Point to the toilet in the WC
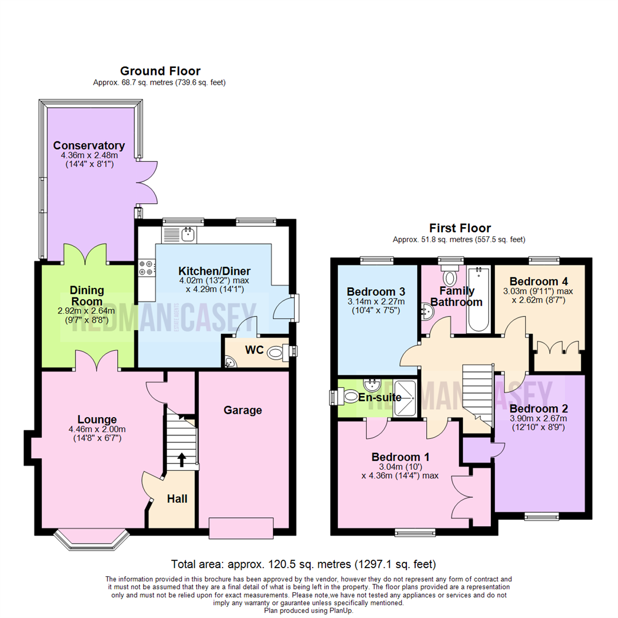pyautogui.click(x=277, y=353)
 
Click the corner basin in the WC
pyautogui.click(x=229, y=362)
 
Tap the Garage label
pyautogui.click(x=243, y=410)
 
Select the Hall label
pyautogui.click(x=177, y=499)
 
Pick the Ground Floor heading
pyautogui.click(x=160, y=71)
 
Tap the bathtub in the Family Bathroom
pyautogui.click(x=477, y=300)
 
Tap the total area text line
pyautogui.click(x=304, y=563)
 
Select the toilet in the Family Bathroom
pyautogui.click(x=450, y=276)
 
